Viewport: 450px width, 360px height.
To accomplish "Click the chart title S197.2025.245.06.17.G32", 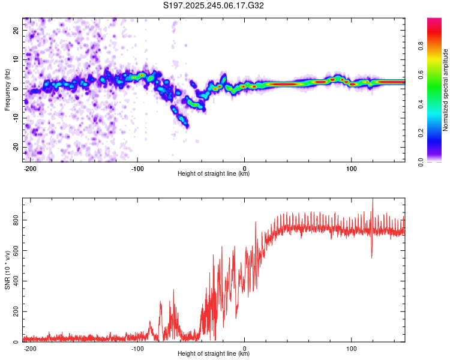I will tap(214, 5).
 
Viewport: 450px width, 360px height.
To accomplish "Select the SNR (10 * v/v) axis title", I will tap(7, 270).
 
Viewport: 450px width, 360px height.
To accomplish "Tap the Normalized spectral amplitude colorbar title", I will tap(446, 90).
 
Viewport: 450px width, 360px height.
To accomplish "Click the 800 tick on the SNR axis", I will tap(14, 220).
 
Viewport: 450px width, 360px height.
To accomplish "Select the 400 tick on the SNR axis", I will tap(14, 281).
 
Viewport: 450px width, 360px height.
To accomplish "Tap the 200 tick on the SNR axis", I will tap(14, 311).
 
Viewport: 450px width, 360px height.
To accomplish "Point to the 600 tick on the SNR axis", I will tap(14, 251).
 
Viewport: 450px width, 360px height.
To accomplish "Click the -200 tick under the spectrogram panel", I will tap(30, 167).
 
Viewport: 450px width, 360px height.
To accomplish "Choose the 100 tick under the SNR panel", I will tap(352, 347).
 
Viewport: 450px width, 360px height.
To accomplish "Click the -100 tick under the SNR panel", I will tap(137, 347).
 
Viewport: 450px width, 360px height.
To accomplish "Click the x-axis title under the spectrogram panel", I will tap(214, 174).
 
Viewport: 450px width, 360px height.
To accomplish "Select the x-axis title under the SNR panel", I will tap(214, 354).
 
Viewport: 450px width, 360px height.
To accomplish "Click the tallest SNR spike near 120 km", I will tap(373, 200).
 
